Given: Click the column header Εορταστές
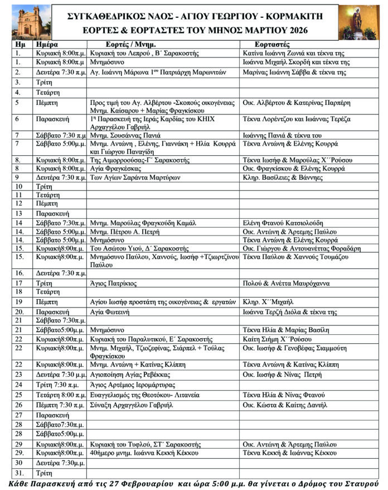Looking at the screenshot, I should [x=271, y=44].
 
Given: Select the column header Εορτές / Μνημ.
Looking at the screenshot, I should [x=130, y=44].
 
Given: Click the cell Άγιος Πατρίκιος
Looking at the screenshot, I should [x=113, y=284].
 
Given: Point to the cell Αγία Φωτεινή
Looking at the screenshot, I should [x=110, y=311].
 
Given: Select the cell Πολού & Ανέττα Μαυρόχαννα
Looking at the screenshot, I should [x=286, y=284].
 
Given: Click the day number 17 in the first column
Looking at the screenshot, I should [x=19, y=284].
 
